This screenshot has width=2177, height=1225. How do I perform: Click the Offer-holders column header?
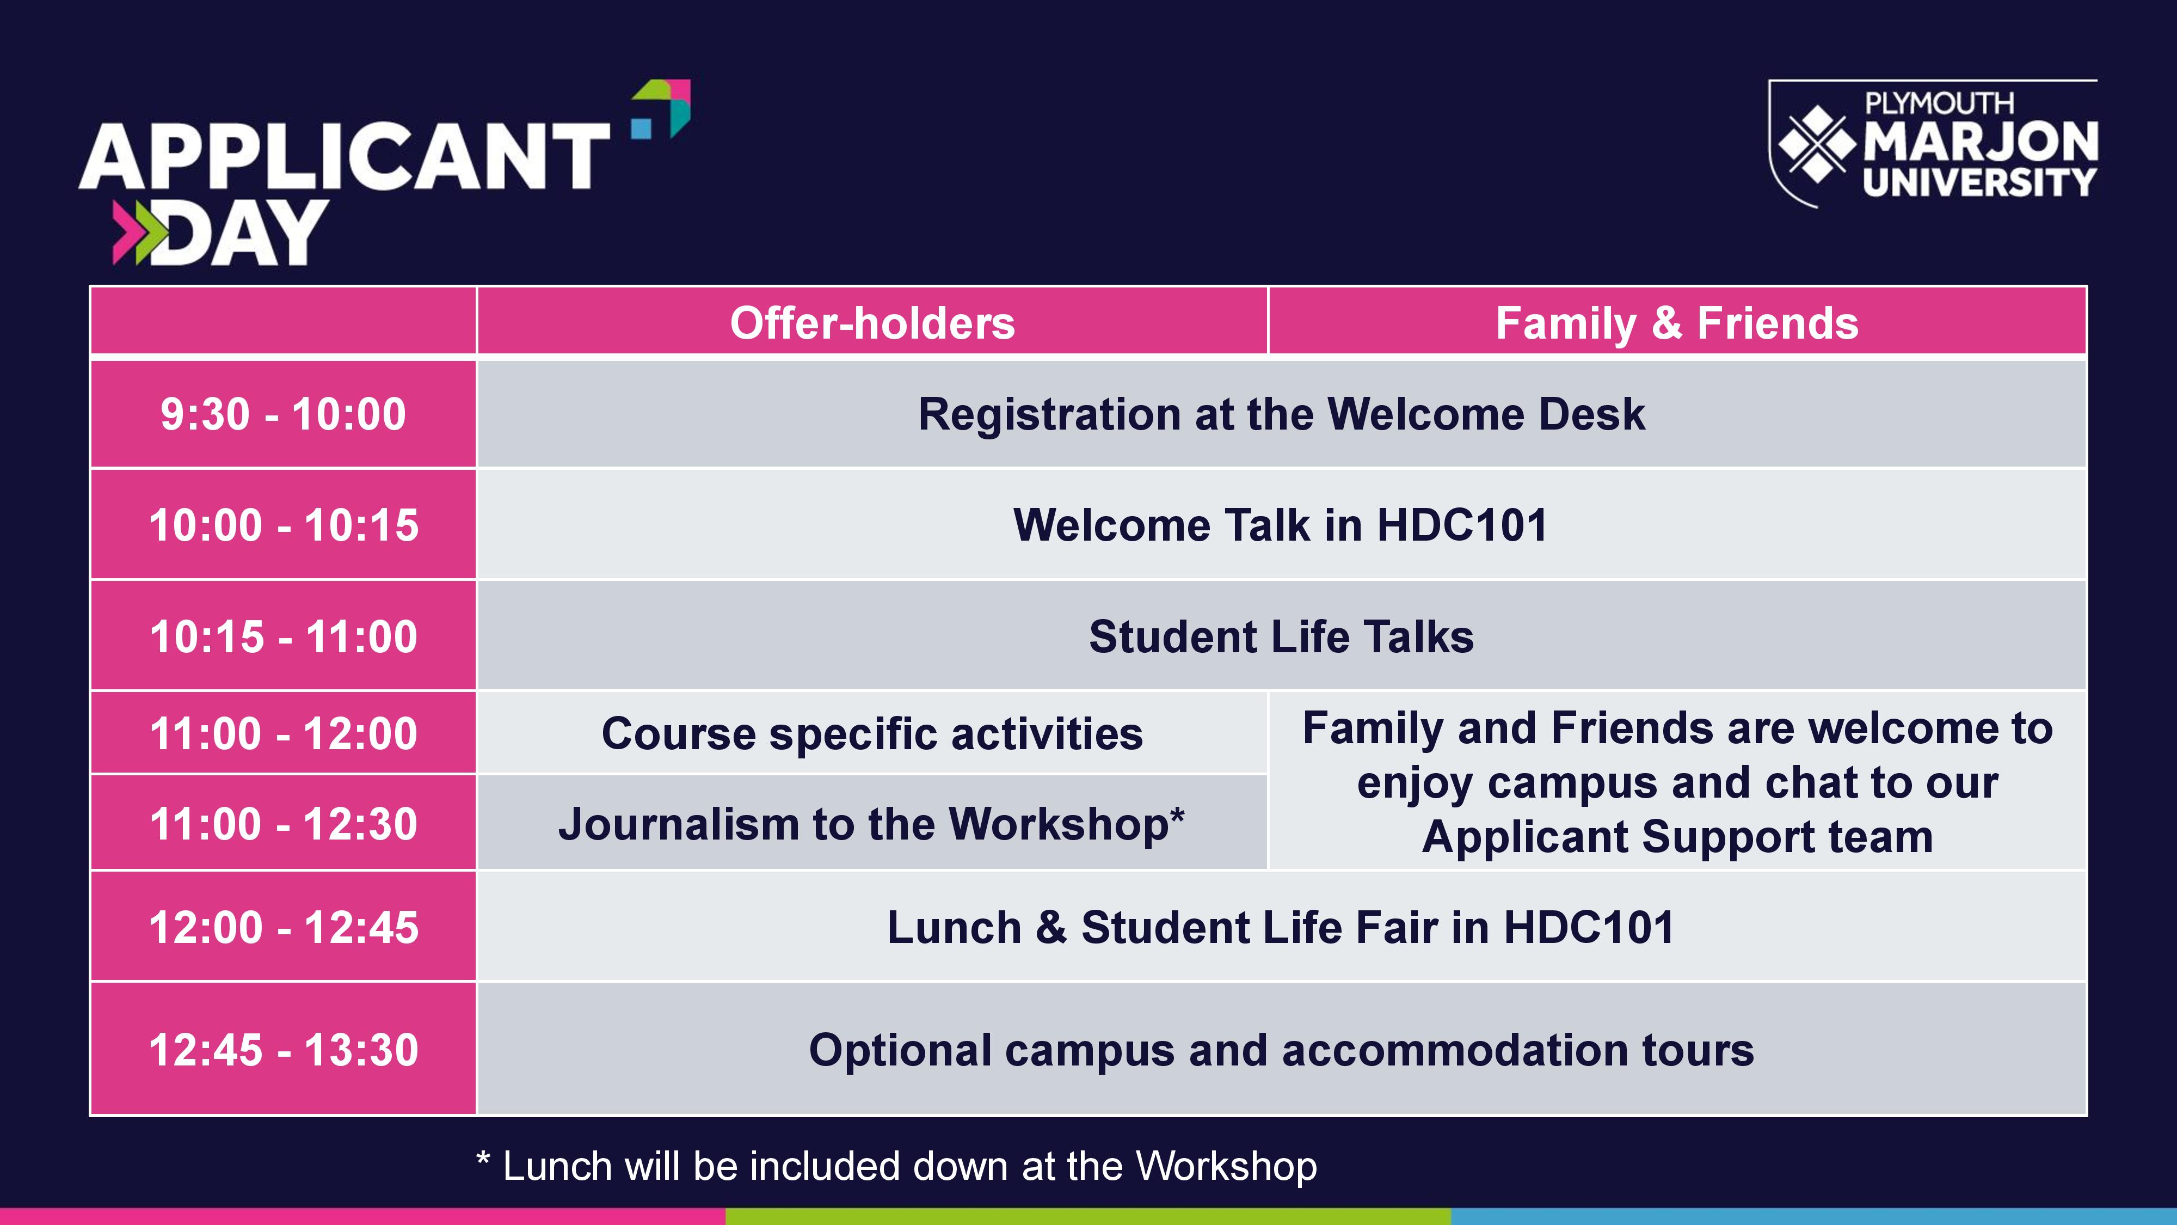point(872,323)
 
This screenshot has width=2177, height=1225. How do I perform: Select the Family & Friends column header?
point(1677,323)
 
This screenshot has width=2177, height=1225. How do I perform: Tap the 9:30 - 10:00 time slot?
point(283,414)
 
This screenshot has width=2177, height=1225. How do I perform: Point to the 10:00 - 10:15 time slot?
point(283,525)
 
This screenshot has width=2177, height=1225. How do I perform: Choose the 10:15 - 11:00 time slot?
point(283,636)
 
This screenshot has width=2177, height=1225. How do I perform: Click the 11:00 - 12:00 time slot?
point(283,733)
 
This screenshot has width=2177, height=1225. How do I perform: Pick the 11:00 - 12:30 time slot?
point(283,823)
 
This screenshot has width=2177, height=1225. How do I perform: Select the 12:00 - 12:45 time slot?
point(283,927)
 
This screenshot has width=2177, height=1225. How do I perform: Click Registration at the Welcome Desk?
point(1281,414)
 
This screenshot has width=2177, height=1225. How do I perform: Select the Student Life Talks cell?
point(1281,636)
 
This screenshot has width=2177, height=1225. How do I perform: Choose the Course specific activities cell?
point(872,733)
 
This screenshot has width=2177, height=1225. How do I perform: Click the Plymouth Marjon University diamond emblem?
point(1818,144)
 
